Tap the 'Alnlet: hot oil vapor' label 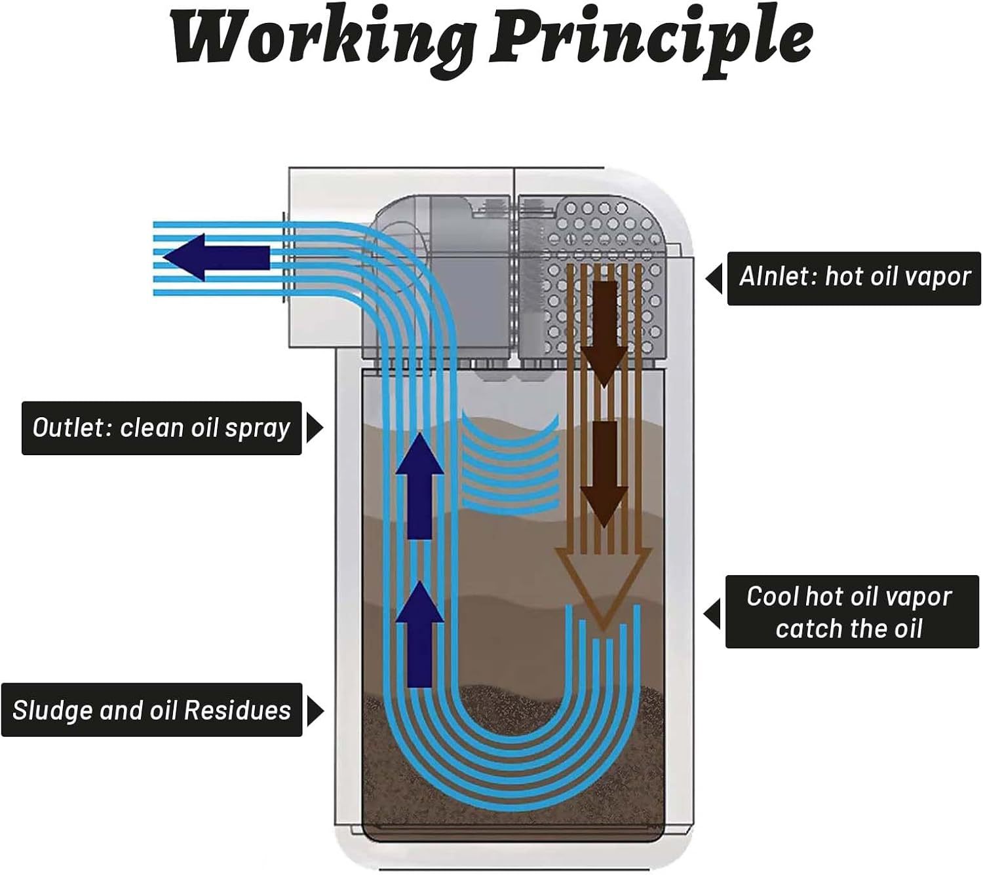pos(854,278)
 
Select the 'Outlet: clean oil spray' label pos(161,428)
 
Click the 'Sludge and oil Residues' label pos(151,711)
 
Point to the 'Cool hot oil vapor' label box pos(851,612)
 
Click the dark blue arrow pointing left pos(216,257)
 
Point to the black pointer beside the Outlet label pos(315,428)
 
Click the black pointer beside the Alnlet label pos(714,278)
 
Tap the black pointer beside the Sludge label pos(315,711)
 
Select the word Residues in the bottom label pos(237,711)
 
